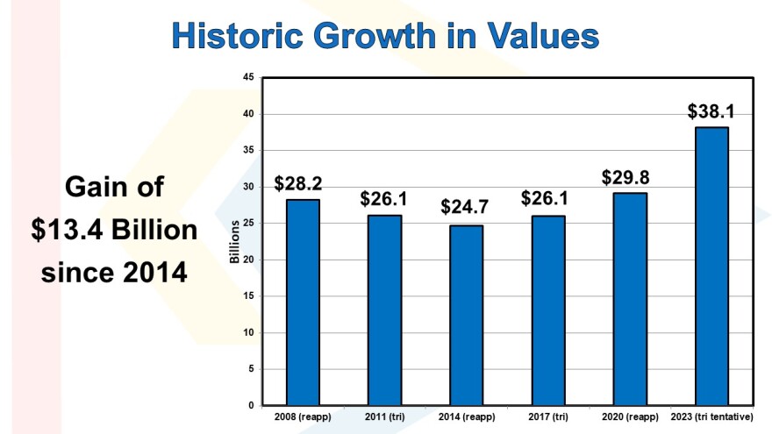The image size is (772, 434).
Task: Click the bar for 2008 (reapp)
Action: [303, 302]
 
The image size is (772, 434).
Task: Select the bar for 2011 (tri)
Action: [384, 310]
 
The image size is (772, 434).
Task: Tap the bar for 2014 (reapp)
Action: [466, 316]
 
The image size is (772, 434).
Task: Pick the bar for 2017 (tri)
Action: [547, 310]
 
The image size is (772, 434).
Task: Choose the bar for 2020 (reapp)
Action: [629, 299]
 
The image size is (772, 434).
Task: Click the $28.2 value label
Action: [297, 184]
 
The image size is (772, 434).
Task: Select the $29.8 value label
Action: [625, 176]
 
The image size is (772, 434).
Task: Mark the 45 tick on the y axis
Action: [249, 78]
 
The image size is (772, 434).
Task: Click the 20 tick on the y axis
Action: [249, 260]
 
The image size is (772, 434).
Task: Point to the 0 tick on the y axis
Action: [252, 405]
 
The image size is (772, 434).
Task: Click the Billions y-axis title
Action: [234, 242]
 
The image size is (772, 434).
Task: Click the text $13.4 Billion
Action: [114, 230]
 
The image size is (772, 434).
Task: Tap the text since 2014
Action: [114, 272]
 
